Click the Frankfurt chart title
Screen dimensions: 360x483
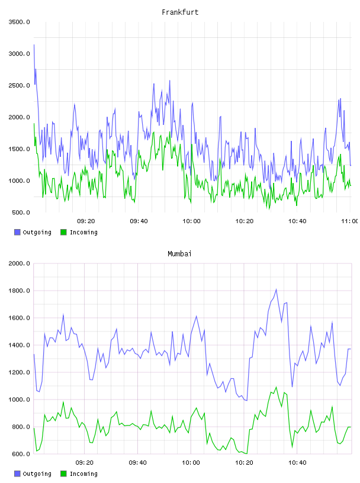180,12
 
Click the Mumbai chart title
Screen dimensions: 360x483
179,254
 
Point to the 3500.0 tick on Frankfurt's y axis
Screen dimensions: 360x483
20,22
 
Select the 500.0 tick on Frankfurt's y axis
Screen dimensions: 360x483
21,212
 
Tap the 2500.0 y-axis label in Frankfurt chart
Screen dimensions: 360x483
20,85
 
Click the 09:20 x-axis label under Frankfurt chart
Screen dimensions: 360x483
86,221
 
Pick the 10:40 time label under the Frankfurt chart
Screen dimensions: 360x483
297,221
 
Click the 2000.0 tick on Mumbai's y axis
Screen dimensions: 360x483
20,263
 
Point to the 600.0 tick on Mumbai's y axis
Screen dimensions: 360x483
21,454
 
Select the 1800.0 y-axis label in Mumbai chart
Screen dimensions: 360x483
20,291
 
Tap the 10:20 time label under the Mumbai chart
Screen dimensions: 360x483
244,463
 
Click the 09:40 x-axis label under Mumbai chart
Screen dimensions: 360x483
138,463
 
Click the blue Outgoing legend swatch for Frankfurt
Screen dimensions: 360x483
17,232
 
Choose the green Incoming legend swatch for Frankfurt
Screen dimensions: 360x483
63,232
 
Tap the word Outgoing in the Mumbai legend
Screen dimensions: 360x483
37,474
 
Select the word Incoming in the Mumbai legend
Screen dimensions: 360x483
83,474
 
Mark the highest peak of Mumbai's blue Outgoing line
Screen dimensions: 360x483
276,289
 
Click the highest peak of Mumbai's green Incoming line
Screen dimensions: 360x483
276,387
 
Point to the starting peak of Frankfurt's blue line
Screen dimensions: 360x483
34,45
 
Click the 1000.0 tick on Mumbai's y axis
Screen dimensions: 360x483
20,400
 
